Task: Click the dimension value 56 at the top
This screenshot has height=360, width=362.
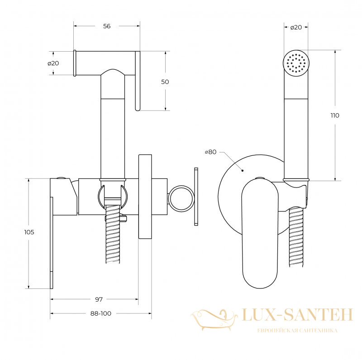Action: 107,26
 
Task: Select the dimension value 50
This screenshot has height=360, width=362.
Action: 165,82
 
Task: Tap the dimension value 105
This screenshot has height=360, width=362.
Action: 29,232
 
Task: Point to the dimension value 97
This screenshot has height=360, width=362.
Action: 99,299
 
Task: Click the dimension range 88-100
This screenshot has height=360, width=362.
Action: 100,313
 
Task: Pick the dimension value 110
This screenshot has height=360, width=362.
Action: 335,115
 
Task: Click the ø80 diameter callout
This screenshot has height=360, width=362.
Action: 210,152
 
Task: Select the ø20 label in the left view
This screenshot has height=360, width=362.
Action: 53,63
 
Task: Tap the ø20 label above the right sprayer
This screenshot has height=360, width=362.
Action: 296,27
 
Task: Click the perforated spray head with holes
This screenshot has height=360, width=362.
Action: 296,63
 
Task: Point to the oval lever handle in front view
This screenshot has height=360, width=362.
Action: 260,233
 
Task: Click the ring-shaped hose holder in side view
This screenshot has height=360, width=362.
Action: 181,198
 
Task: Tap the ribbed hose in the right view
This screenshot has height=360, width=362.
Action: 296,237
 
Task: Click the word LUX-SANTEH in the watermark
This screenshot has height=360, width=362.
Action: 297,315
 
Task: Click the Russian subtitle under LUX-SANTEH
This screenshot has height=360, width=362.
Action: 297,331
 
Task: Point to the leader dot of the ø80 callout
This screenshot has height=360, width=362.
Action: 243,171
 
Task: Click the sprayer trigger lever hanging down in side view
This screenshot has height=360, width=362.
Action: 138,81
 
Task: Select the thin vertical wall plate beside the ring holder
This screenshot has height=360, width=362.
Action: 196,197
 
